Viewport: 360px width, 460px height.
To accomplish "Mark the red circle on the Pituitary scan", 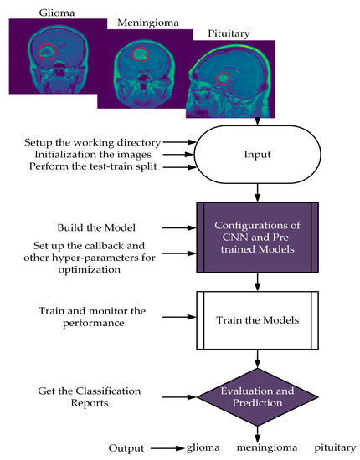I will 224,79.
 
